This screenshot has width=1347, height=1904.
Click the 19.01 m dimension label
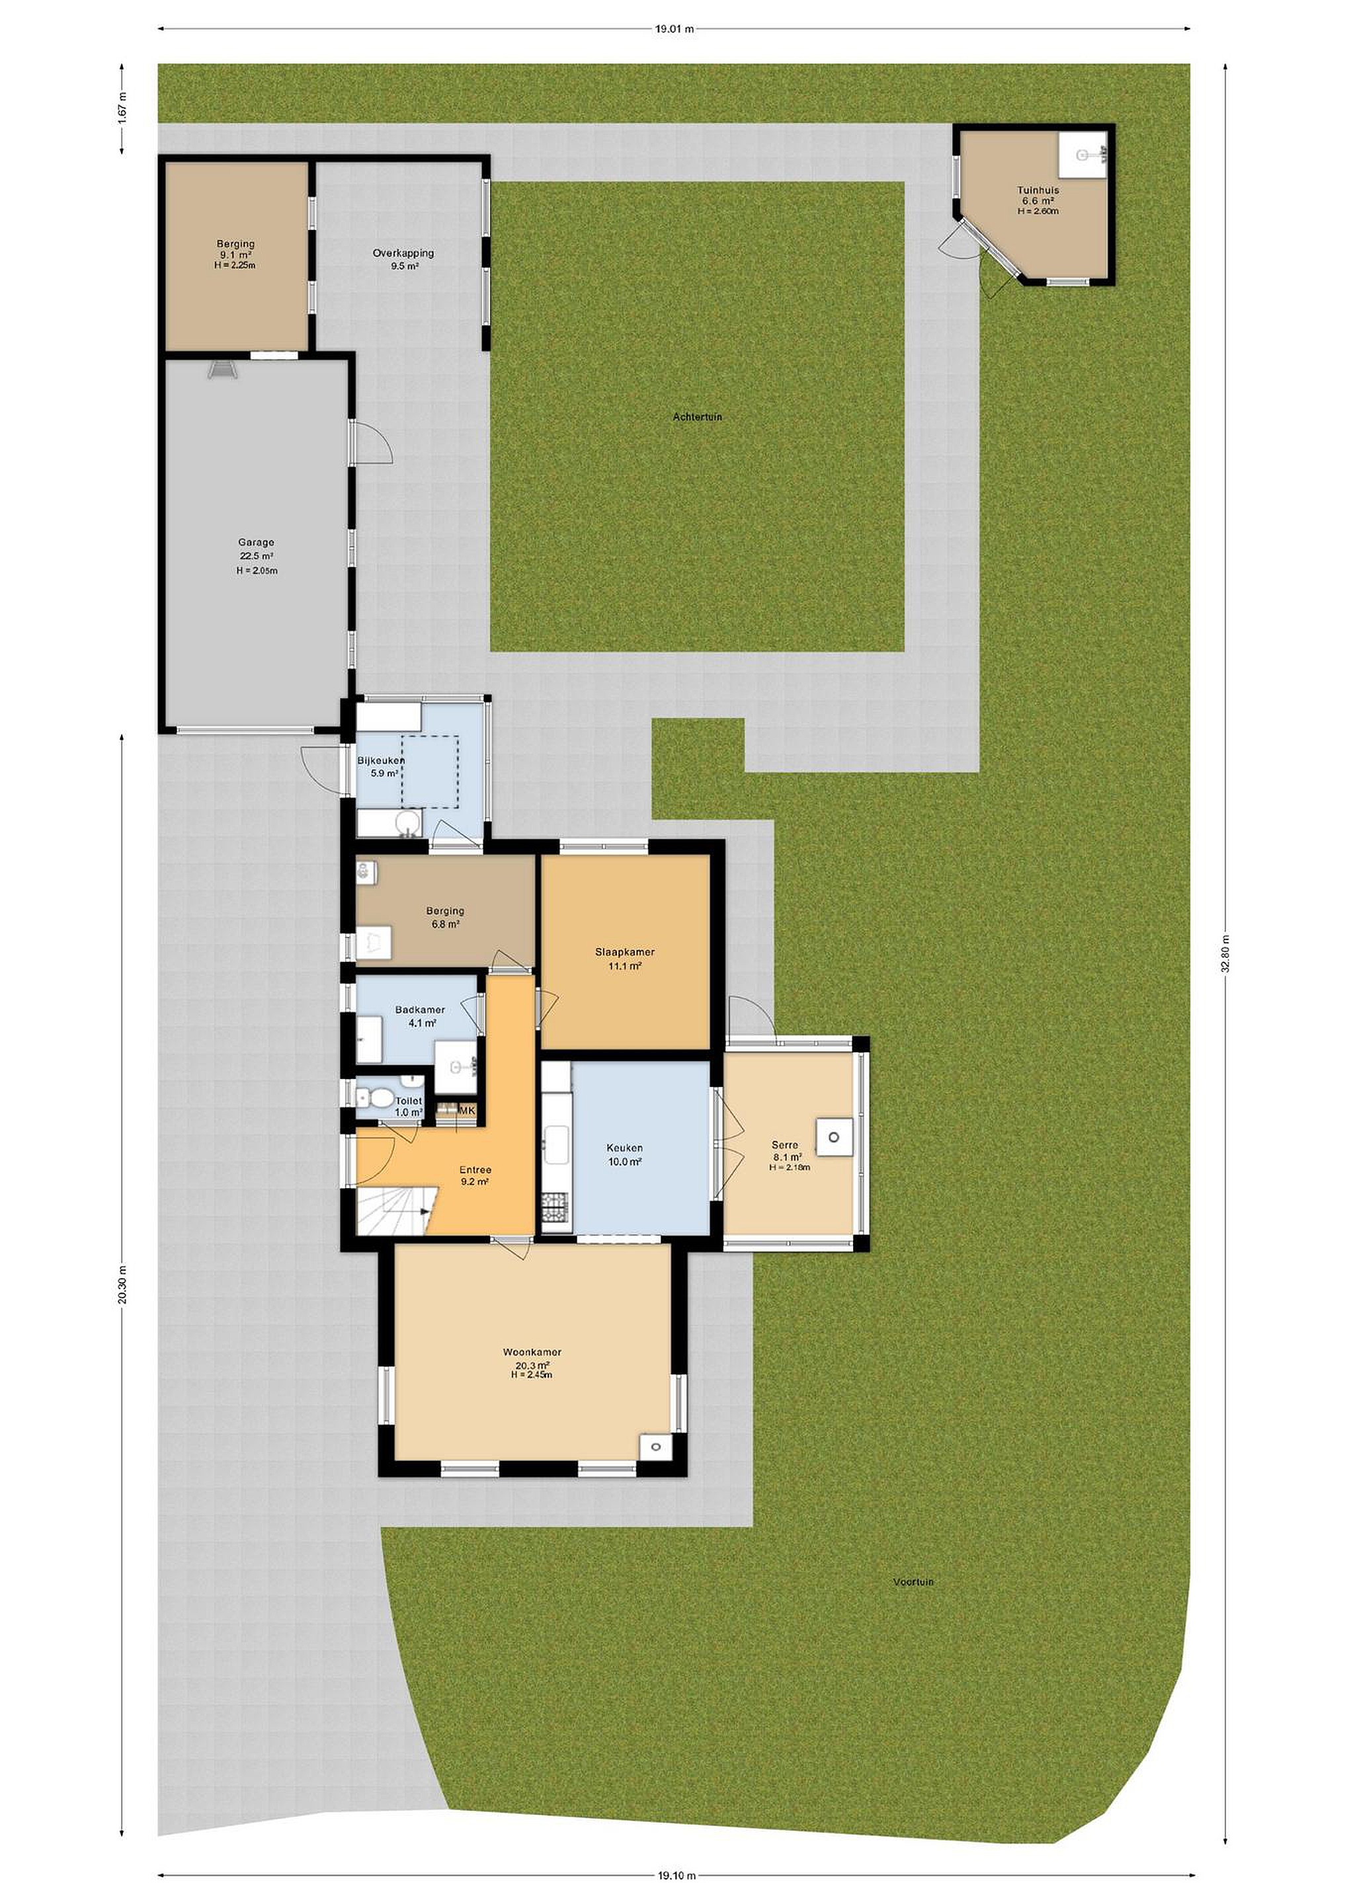[x=673, y=29]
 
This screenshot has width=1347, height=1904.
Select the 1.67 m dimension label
[x=122, y=110]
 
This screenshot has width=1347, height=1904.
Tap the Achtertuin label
[x=697, y=417]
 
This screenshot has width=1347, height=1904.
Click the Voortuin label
[x=913, y=1582]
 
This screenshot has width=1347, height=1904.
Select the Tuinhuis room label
[x=1038, y=200]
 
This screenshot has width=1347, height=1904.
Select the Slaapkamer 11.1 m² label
[x=624, y=959]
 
